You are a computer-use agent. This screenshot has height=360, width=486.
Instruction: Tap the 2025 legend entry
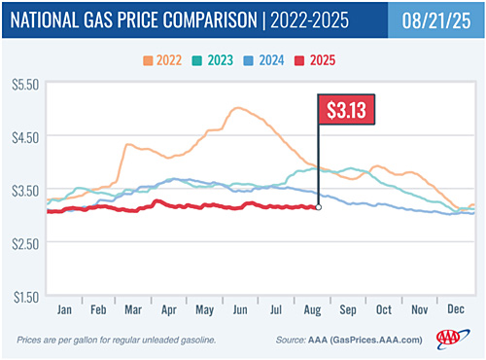(x=316, y=61)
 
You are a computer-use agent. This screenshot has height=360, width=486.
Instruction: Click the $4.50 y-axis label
(x=22, y=137)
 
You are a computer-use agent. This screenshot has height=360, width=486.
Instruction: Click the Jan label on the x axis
(x=63, y=308)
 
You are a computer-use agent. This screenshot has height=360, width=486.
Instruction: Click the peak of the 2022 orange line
(x=236, y=108)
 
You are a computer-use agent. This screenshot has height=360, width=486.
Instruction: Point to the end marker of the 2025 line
(x=318, y=207)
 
